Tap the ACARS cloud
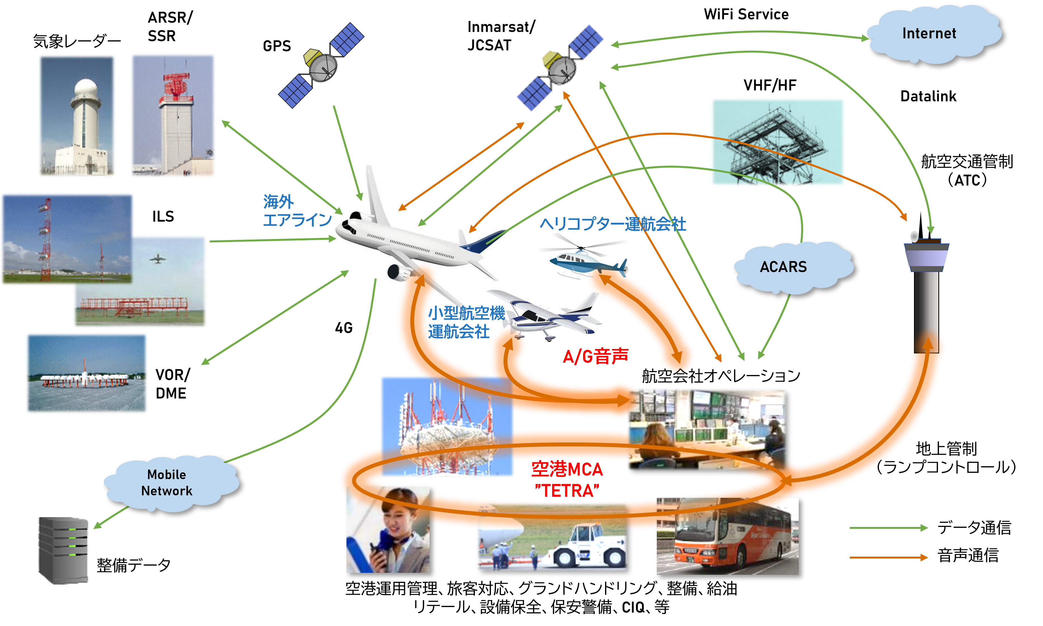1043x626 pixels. coord(784,267)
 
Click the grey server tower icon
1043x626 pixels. coord(63,550)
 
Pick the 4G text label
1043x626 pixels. coord(344,328)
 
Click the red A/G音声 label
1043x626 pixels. coord(596,357)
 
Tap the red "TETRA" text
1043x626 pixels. coord(567,491)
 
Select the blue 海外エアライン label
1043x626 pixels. coord(295,211)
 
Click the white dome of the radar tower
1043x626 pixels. coord(86,89)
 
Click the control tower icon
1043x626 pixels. coord(927,291)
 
